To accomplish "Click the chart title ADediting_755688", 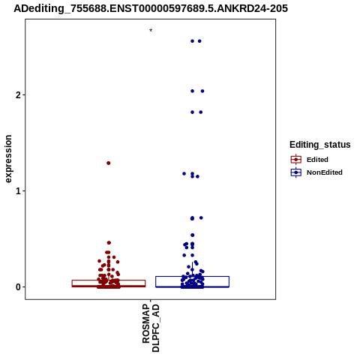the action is [151, 9].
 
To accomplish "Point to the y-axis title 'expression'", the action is [8, 159].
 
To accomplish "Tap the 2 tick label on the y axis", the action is [18, 95].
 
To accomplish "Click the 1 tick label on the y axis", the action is [18, 191].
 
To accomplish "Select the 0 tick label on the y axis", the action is [18, 287].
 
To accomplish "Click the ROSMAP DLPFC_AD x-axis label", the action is [151, 328].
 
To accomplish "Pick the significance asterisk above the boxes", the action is [151, 31].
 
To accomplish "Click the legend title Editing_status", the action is [320, 145].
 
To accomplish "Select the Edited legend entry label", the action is [317, 160].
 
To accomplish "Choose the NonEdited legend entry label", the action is [325, 172].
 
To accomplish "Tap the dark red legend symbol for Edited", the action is [296, 160].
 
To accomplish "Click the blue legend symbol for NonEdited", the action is [296, 172].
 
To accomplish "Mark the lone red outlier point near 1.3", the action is [109, 163].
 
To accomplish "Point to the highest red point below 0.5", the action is [109, 243].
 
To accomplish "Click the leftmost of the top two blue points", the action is [192, 41].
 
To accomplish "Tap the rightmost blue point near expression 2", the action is [202, 91].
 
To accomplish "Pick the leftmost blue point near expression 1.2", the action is [184, 174].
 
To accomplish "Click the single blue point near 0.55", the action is [193, 235].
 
